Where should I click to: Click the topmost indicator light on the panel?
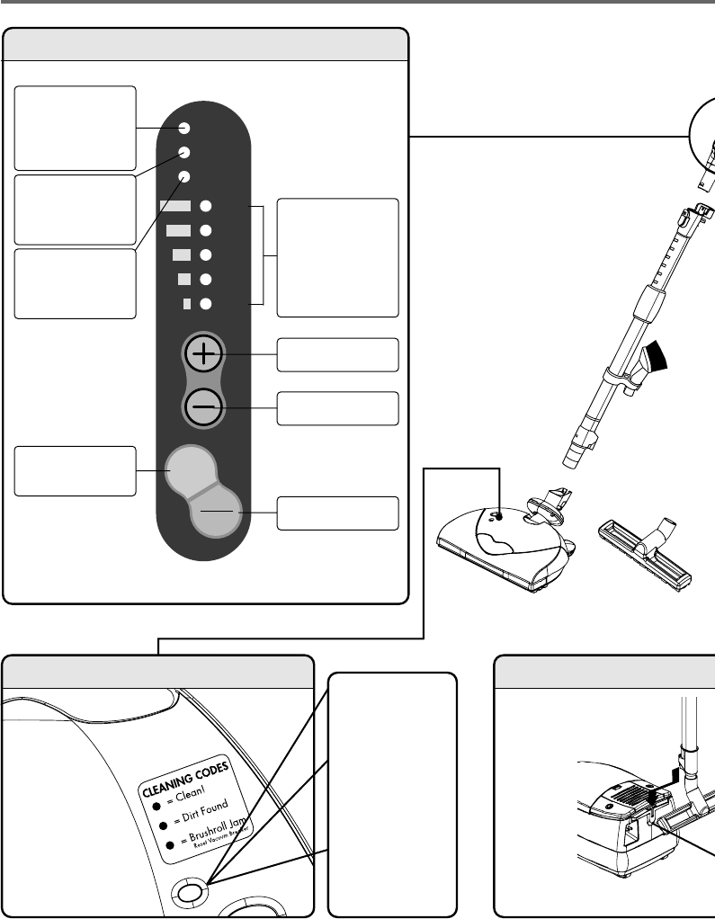point(183,129)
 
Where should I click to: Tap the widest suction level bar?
point(175,206)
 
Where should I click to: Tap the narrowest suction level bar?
point(187,303)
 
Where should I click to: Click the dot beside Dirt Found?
point(164,823)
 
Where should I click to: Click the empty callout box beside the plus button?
point(337,354)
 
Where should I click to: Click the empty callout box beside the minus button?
point(337,408)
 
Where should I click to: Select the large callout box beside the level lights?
point(337,257)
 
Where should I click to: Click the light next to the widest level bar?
point(205,206)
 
